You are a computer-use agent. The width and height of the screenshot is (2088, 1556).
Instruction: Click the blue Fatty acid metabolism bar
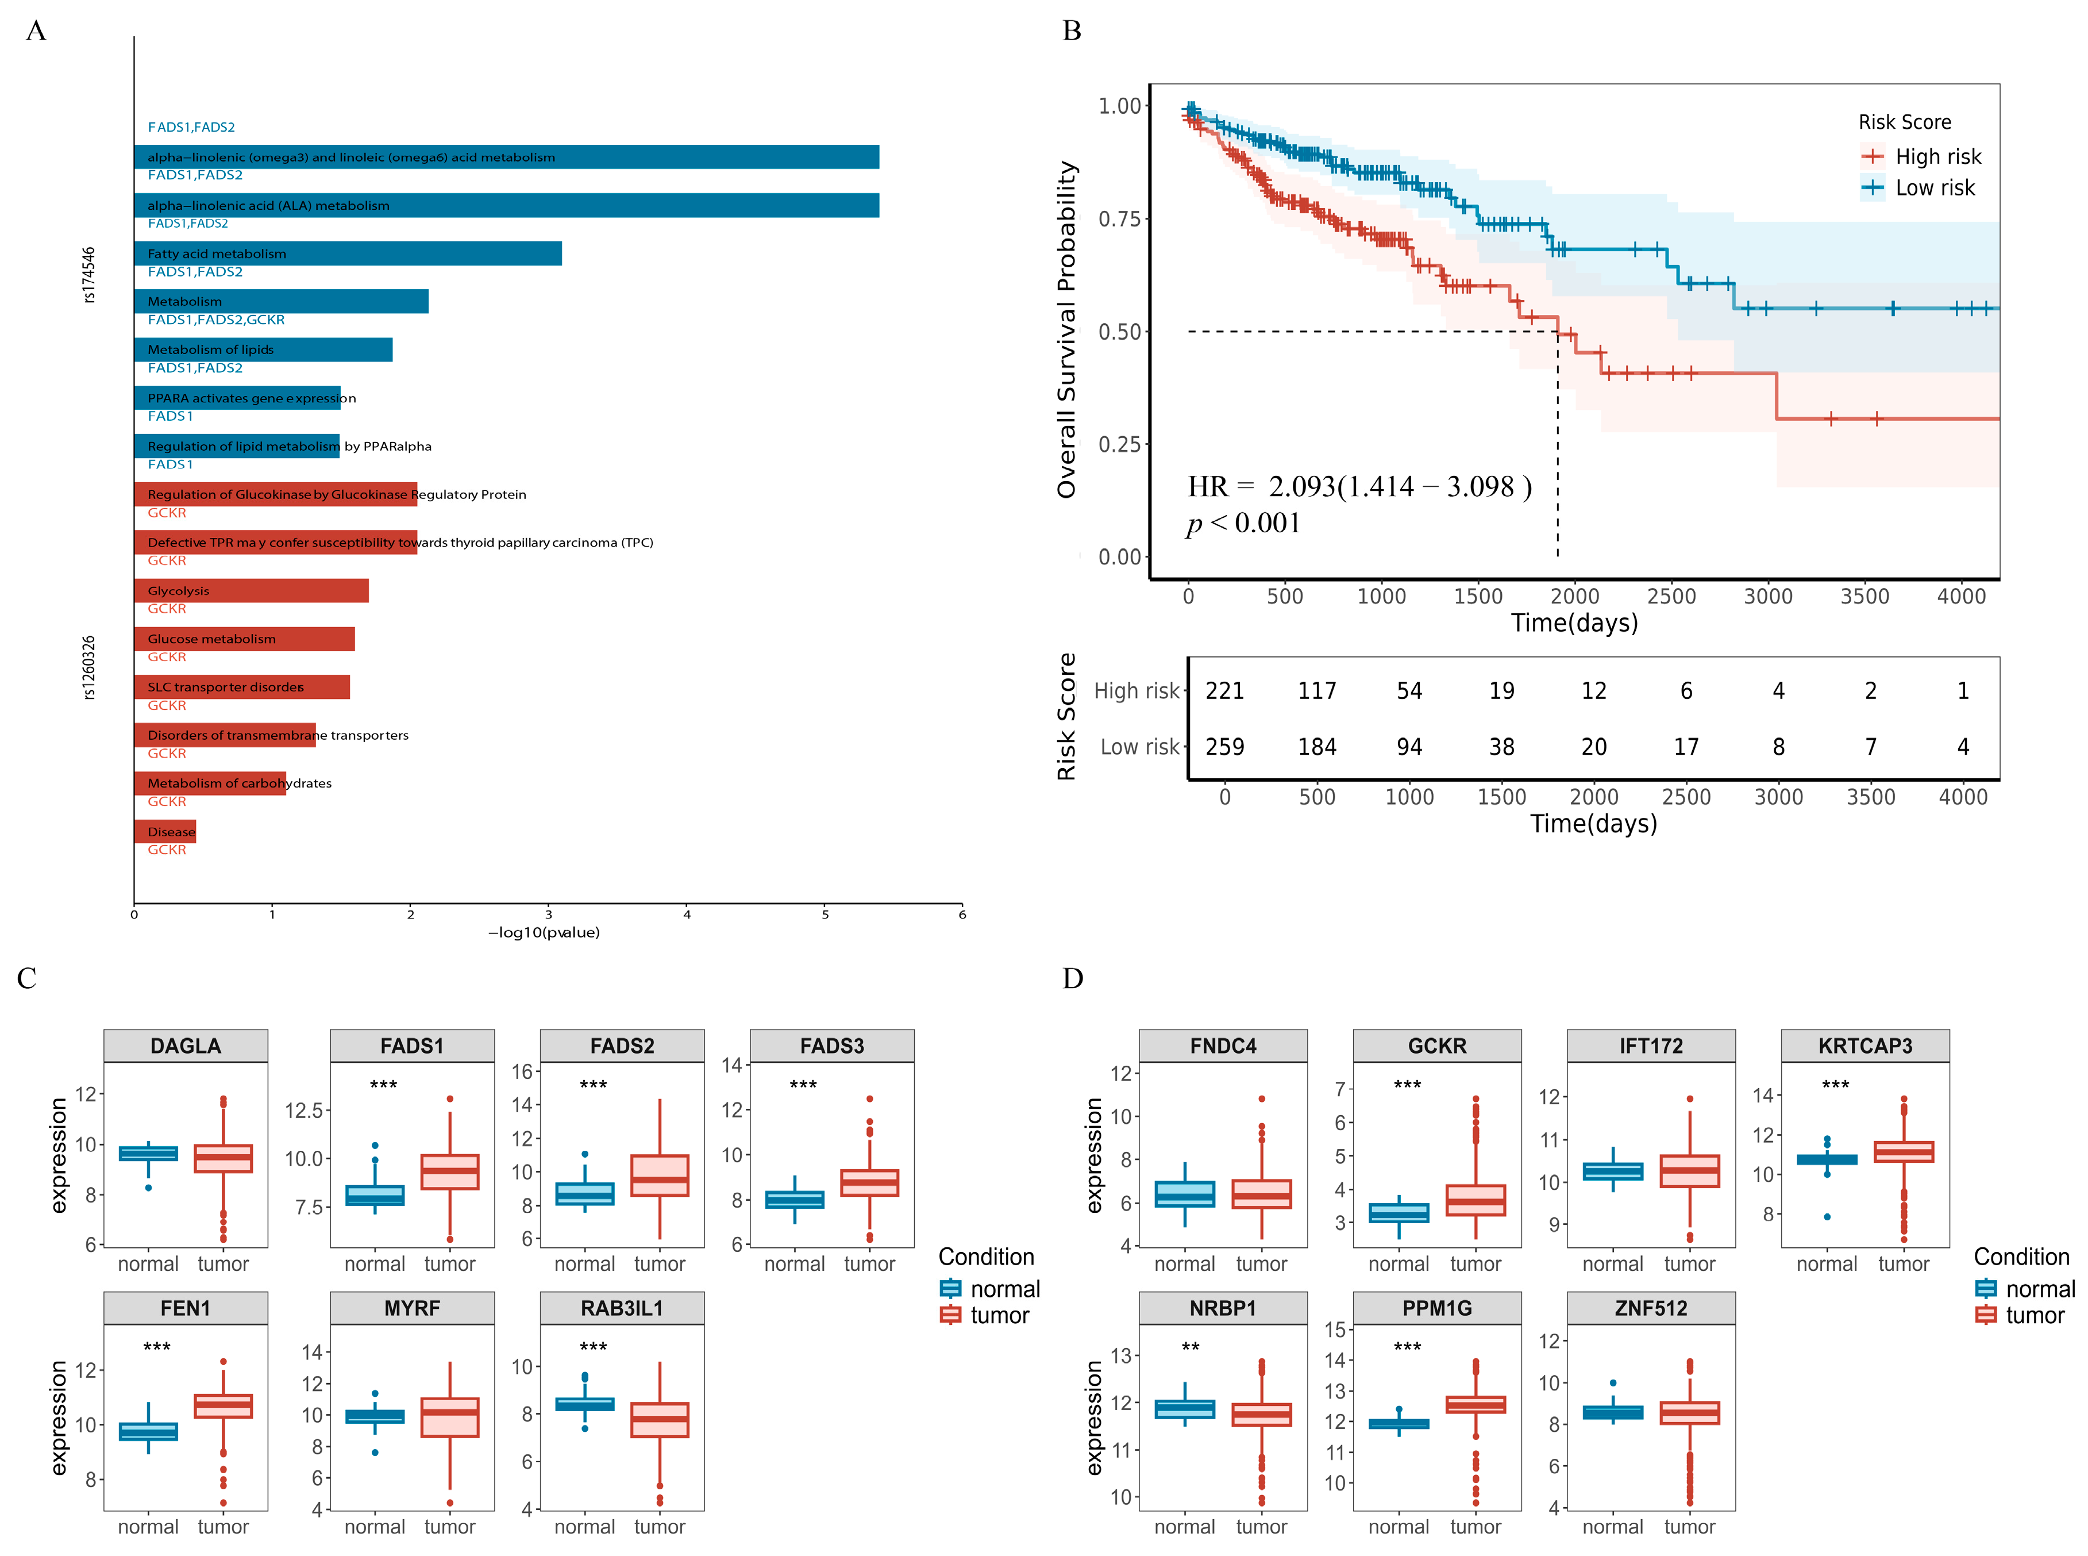(x=348, y=253)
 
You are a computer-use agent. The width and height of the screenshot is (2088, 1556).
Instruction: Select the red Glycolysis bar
(x=251, y=590)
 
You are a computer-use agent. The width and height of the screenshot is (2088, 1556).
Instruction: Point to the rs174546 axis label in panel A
(x=88, y=275)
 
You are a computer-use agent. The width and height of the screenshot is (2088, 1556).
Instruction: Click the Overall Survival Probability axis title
(x=1066, y=330)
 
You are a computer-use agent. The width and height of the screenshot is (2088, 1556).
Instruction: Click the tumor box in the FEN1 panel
(x=223, y=1405)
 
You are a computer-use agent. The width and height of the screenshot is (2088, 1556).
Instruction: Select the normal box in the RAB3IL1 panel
(x=584, y=1404)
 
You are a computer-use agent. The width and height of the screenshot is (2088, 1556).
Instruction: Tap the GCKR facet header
(x=1436, y=1046)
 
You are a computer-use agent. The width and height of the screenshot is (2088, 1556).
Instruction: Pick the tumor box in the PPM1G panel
(x=1475, y=1404)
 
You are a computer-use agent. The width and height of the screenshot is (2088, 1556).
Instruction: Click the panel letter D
(x=1072, y=979)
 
